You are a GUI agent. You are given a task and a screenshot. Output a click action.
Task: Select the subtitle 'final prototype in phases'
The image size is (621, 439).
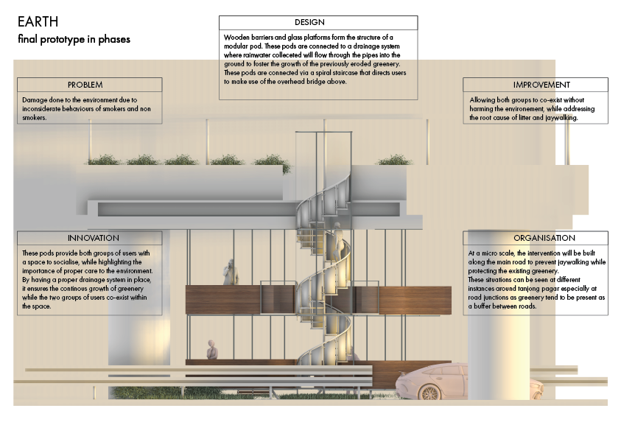(x=74, y=39)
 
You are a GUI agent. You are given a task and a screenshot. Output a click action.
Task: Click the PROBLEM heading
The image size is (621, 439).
(x=85, y=85)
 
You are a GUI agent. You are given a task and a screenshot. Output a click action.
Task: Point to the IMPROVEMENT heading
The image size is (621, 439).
(x=541, y=85)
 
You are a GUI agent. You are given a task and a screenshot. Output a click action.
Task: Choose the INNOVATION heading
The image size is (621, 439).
(x=93, y=239)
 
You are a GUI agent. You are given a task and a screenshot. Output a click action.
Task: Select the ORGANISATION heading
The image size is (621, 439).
(x=544, y=239)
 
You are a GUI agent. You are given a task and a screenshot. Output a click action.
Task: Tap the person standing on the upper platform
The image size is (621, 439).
(x=230, y=272)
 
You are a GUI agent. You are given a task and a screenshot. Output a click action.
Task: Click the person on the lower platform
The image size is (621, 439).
(x=213, y=349)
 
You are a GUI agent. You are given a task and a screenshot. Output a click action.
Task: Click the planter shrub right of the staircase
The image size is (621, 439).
(x=394, y=159)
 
